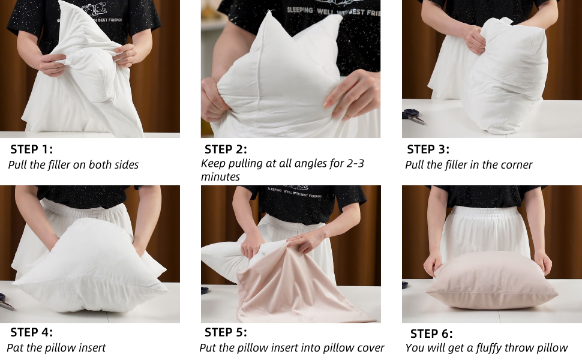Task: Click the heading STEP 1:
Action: tap(32, 149)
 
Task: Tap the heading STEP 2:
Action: tap(226, 149)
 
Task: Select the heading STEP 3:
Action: tap(428, 149)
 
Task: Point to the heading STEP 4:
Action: tap(32, 332)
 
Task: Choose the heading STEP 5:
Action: tap(226, 332)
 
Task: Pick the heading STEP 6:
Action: tap(431, 334)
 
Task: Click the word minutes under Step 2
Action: tap(220, 176)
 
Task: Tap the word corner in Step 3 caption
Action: tap(517, 165)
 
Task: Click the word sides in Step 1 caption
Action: tap(127, 165)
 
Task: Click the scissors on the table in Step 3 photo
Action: tap(413, 116)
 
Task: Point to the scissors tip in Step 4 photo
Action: tap(14, 310)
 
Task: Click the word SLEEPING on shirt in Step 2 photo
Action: tap(299, 10)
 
